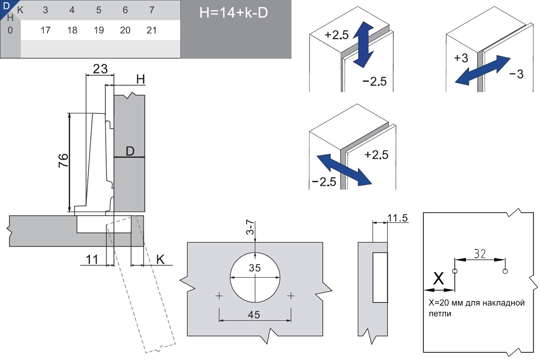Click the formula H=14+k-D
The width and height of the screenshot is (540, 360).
(234, 13)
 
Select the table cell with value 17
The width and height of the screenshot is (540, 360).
(45, 31)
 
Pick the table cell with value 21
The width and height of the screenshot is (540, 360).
(152, 31)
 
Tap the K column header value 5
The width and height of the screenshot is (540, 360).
(99, 10)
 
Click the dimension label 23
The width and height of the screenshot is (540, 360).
(100, 69)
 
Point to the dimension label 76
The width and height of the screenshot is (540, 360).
(63, 161)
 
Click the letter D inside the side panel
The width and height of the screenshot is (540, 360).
(130, 152)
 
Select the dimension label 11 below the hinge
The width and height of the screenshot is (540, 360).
(92, 260)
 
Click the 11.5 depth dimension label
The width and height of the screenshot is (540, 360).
(397, 218)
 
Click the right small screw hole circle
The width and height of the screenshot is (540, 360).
(505, 271)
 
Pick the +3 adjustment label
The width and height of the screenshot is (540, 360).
(461, 58)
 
